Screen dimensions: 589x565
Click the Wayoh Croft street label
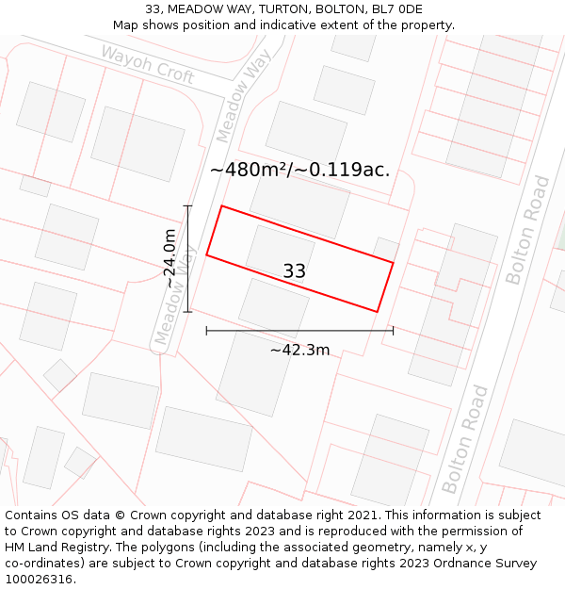tap(147, 63)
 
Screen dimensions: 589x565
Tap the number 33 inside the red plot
tap(294, 271)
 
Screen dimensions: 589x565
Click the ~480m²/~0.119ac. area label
tap(299, 171)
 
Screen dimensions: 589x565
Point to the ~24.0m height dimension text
tap(169, 258)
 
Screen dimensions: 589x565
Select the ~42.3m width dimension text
tap(299, 350)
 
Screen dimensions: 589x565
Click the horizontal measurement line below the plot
tap(299, 330)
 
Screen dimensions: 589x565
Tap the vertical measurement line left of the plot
tap(187, 258)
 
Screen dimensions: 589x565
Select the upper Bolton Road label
tap(526, 229)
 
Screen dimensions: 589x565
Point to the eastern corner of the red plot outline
tap(393, 262)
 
